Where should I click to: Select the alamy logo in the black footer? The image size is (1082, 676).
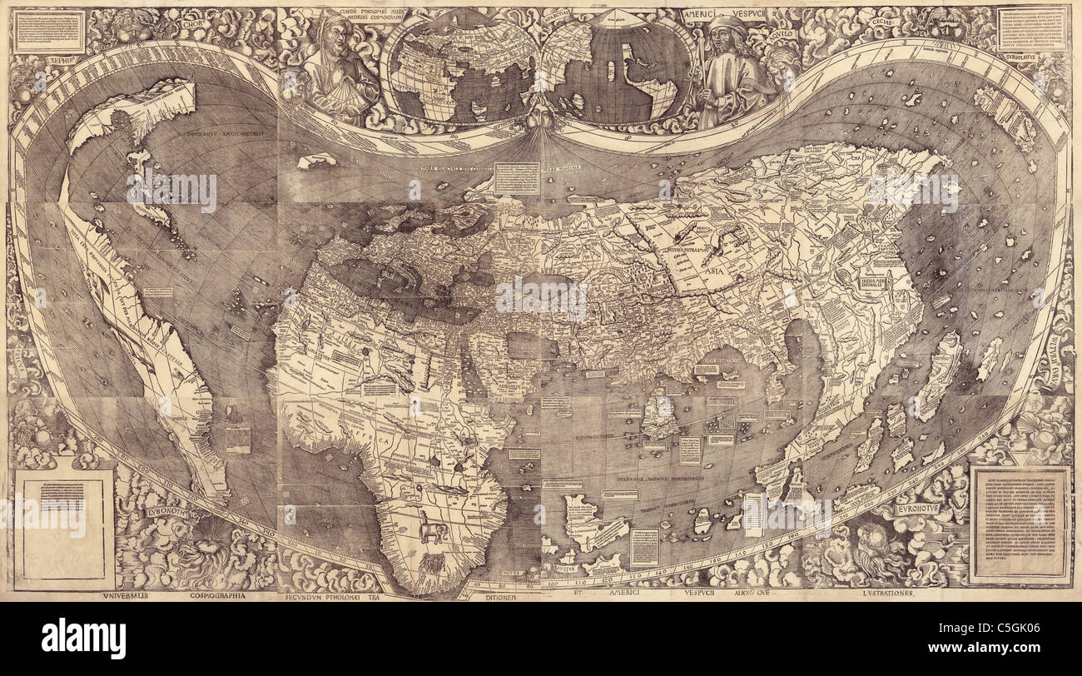click(x=83, y=639)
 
